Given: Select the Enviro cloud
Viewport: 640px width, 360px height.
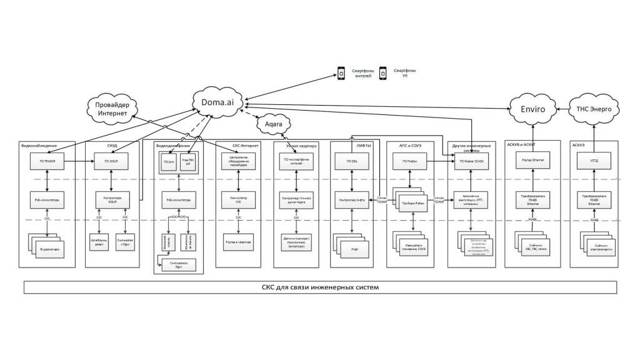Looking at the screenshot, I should point(533,109).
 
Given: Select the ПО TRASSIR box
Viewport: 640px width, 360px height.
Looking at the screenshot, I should point(47,162).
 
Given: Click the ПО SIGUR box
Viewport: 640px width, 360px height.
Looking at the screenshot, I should point(111,162).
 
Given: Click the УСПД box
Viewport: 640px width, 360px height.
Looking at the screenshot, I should point(592,162).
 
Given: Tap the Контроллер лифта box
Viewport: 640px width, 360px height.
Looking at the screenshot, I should point(351,200).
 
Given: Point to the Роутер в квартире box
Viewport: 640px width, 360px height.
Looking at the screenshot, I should point(238,239).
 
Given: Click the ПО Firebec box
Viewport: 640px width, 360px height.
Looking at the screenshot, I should point(410,162).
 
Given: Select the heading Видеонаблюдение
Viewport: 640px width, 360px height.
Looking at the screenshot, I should point(39,146).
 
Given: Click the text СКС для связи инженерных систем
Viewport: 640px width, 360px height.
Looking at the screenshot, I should point(320,287).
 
